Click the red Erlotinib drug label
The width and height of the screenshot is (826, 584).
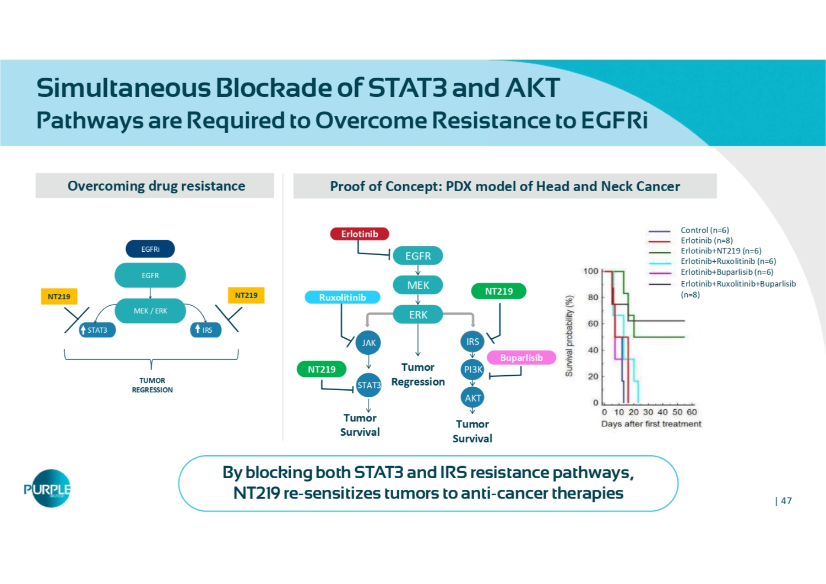point(360,234)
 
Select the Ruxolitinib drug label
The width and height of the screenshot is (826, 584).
point(343,298)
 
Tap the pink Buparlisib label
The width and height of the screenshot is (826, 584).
point(521,358)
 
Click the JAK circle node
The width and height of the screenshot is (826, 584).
point(368,343)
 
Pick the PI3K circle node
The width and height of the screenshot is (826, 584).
point(473,370)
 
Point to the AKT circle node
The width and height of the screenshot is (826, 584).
point(473,398)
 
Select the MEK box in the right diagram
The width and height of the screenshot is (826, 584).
point(418,285)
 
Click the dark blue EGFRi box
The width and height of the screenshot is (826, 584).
point(150,249)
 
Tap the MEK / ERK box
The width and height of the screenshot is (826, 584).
point(150,311)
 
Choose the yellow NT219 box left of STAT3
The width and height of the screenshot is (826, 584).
point(59,296)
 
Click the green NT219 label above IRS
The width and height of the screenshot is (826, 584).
point(499,291)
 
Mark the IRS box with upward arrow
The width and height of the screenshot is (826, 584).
point(205,330)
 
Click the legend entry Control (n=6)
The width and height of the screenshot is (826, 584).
point(704,230)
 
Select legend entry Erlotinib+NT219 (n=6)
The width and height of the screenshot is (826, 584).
point(721,251)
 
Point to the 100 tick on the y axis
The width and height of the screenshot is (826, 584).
point(590,271)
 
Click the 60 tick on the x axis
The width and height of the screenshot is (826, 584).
point(692,412)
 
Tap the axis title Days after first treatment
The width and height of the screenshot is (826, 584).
point(651,424)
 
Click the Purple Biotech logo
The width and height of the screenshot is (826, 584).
point(48,489)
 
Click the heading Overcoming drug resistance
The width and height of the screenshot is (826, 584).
point(156,186)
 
